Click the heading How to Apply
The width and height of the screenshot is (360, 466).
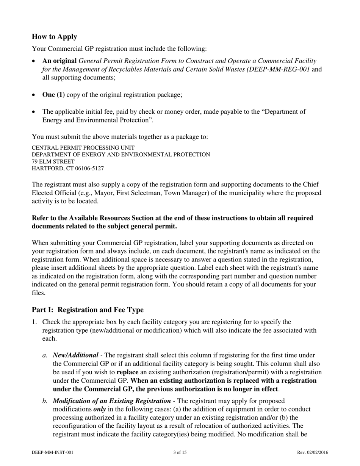point(54,37)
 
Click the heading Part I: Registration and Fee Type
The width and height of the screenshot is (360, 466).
point(88,310)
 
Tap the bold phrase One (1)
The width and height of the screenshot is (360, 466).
point(53,95)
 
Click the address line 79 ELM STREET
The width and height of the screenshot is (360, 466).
point(53,161)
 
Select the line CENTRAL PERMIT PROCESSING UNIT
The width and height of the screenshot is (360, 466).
point(83,148)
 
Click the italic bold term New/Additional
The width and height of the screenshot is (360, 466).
point(75,355)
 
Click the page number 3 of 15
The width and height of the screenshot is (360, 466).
point(180,452)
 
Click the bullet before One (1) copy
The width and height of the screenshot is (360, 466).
point(34,95)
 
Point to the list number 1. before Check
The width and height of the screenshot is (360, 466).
point(34,322)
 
